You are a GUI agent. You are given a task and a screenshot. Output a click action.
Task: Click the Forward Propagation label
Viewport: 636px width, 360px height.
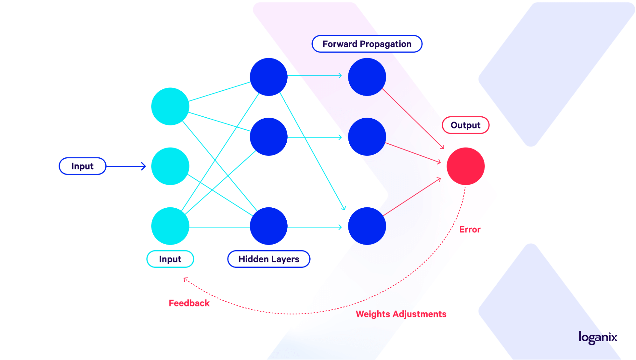tap(367, 44)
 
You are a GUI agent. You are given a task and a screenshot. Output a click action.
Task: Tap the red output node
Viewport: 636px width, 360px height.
tap(465, 166)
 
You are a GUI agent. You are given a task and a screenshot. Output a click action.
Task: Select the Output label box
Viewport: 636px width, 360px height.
tap(465, 125)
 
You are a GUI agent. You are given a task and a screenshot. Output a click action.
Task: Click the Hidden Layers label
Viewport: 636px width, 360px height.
tap(269, 259)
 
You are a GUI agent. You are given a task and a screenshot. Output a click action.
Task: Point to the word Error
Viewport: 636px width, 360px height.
tap(470, 229)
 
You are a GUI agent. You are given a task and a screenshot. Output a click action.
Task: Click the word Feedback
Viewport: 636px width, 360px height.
tap(189, 303)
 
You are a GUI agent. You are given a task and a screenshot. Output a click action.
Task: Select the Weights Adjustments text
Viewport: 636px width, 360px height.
tap(401, 314)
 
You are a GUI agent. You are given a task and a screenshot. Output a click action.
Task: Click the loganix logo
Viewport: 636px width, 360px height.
tap(598, 337)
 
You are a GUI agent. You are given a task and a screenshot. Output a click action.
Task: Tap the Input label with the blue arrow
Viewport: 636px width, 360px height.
tap(82, 166)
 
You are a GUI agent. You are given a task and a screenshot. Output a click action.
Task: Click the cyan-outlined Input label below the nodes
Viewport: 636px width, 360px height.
tap(170, 259)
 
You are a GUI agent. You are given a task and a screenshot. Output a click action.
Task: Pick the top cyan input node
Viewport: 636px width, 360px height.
tap(170, 106)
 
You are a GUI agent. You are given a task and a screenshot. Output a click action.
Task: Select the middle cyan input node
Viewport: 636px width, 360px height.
tap(170, 166)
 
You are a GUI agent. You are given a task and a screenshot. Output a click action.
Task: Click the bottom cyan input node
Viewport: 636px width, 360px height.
tap(170, 226)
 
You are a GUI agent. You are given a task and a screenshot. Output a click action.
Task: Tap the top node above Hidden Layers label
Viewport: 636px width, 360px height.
tap(269, 77)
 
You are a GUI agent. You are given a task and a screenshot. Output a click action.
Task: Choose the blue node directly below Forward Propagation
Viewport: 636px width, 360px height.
tap(367, 77)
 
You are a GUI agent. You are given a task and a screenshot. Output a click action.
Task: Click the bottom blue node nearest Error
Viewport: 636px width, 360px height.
tap(367, 226)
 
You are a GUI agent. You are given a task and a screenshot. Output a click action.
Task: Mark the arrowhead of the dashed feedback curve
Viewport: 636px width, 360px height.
tap(185, 279)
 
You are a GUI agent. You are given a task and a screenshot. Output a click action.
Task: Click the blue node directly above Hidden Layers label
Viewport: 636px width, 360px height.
tap(269, 226)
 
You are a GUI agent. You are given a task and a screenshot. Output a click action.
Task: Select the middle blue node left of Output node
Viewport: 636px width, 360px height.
tap(367, 137)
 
